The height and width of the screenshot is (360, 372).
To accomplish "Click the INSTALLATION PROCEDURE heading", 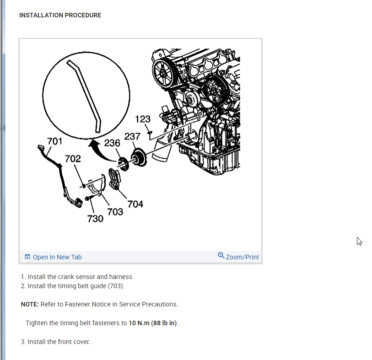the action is pyautogui.click(x=60, y=15).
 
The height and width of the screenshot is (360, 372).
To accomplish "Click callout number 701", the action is pyautogui.click(x=55, y=141).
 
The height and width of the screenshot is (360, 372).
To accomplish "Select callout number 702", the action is pyautogui.click(x=73, y=159).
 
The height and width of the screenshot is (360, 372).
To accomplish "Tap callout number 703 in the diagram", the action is pyautogui.click(x=115, y=211).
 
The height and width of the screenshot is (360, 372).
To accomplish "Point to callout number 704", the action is pyautogui.click(x=135, y=204).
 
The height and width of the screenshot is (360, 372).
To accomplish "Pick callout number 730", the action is pyautogui.click(x=95, y=219).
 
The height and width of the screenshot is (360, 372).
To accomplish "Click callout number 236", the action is pyautogui.click(x=112, y=143).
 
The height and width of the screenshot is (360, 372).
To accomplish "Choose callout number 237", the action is pyautogui.click(x=132, y=136).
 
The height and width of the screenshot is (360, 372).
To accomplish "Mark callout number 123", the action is pyautogui.click(x=143, y=119).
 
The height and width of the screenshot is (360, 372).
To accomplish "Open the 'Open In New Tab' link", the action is pyautogui.click(x=57, y=257).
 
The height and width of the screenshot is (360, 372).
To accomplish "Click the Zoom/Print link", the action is pyautogui.click(x=243, y=257).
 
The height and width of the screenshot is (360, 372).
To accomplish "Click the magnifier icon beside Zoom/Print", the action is pyautogui.click(x=221, y=256).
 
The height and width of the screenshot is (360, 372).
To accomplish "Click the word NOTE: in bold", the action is pyautogui.click(x=30, y=304).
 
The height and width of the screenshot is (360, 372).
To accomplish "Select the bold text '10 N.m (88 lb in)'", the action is pyautogui.click(x=153, y=323).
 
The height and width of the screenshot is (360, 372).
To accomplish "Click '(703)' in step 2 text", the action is pyautogui.click(x=116, y=286).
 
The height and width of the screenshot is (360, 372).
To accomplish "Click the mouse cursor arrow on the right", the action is pyautogui.click(x=359, y=241).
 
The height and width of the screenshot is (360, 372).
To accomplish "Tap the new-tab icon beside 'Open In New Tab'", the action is pyautogui.click(x=27, y=257).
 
